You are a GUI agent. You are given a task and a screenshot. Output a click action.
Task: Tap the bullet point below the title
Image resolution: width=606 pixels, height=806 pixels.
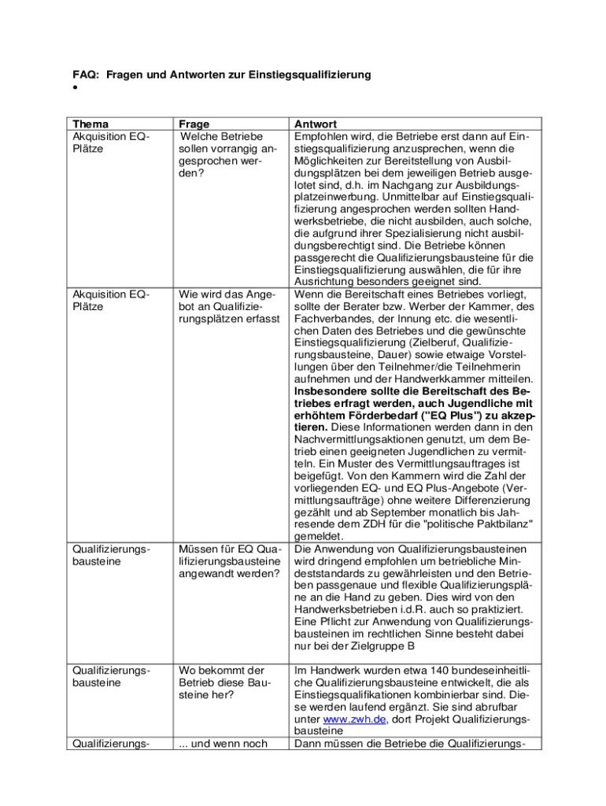coord(74,88)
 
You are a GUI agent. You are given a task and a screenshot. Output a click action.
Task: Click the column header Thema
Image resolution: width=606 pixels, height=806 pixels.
coord(91,124)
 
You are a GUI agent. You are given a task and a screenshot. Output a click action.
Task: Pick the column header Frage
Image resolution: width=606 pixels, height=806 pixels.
coord(194,124)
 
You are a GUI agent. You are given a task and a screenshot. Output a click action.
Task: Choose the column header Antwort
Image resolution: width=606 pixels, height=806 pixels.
coord(315,124)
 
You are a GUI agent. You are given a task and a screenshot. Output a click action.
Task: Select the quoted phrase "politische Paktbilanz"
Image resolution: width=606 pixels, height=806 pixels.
coord(478,524)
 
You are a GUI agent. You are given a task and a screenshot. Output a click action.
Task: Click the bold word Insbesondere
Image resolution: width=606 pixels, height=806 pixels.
coord(331,390)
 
